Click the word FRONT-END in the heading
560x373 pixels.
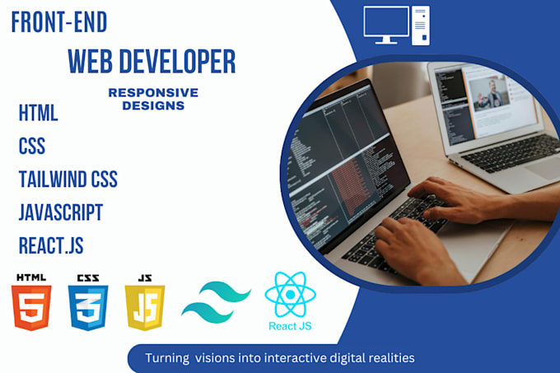click(x=59, y=22)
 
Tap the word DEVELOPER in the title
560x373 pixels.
click(x=177, y=62)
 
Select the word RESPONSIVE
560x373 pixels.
click(x=153, y=93)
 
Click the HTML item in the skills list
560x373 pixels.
click(x=38, y=113)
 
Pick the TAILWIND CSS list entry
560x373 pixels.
click(x=68, y=180)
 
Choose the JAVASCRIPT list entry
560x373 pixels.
click(x=61, y=212)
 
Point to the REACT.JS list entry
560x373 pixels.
click(x=51, y=245)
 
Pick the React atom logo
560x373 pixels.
click(x=291, y=295)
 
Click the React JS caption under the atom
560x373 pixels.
click(x=290, y=326)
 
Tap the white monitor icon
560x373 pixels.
click(x=386, y=25)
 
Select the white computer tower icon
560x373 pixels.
click(x=421, y=26)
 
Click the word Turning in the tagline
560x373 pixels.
click(x=167, y=358)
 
